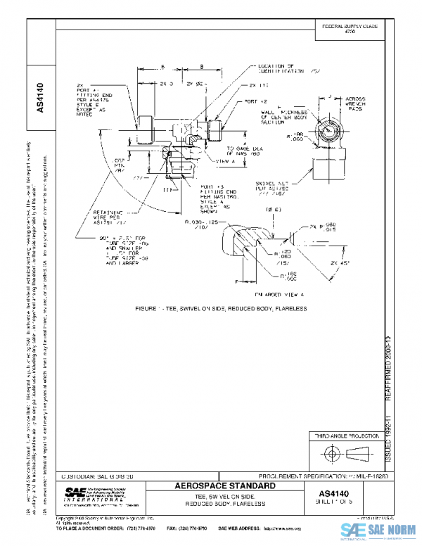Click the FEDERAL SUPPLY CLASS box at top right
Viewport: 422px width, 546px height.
(x=350, y=28)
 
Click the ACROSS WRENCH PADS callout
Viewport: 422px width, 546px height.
(x=355, y=103)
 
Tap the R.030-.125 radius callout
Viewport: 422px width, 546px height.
(x=201, y=224)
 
